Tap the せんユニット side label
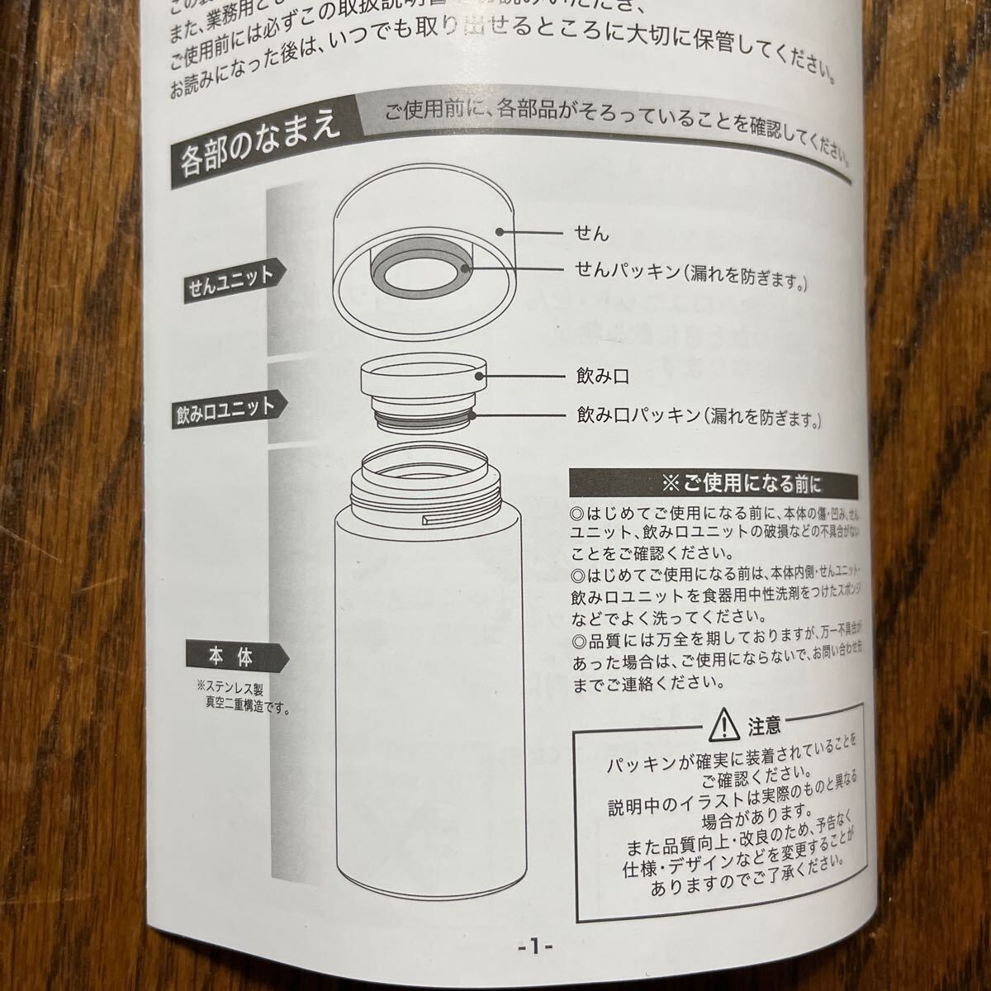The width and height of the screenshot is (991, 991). pos(230,278)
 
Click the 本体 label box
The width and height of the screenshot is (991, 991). pos(230,658)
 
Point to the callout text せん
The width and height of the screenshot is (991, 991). pos(592,233)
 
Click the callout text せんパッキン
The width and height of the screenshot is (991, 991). pos(628,270)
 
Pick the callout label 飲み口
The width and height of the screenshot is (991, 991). pos(603,377)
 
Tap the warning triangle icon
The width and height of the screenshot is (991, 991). pos(723,725)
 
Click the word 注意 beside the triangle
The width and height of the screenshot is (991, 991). pos(764,726)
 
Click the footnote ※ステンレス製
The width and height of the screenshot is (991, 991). pos(230,687)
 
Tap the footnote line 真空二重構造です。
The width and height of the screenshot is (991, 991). pos(239,704)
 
